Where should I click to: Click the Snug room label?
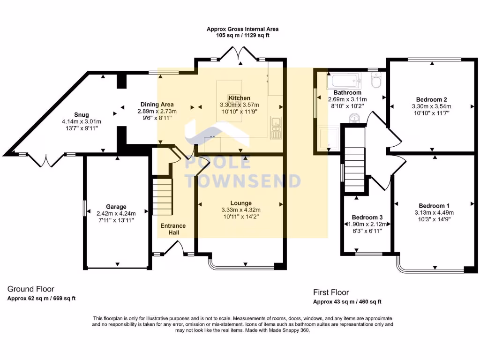pyautogui.click(x=82, y=115)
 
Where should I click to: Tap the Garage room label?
pyautogui.click(x=116, y=207)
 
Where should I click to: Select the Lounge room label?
pyautogui.click(x=241, y=203)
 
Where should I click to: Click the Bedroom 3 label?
pyautogui.click(x=367, y=217)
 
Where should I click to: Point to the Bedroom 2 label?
pyautogui.click(x=431, y=99)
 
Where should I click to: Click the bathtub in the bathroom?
pyautogui.click(x=344, y=81)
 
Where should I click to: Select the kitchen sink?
pyautogui.click(x=276, y=127)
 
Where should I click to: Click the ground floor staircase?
pyautogui.click(x=163, y=197)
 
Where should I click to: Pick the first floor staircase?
pyautogui.click(x=355, y=170)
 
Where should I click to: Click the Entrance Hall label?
pyautogui.click(x=173, y=229)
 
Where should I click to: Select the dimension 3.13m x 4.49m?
pyautogui.click(x=434, y=212)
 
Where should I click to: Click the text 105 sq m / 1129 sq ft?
pyautogui.click(x=243, y=35)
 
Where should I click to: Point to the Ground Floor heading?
pyautogui.click(x=30, y=289)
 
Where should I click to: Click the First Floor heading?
pyautogui.click(x=331, y=292)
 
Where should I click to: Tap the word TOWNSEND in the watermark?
pyautogui.click(x=244, y=181)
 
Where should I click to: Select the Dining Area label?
pyautogui.click(x=157, y=105)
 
